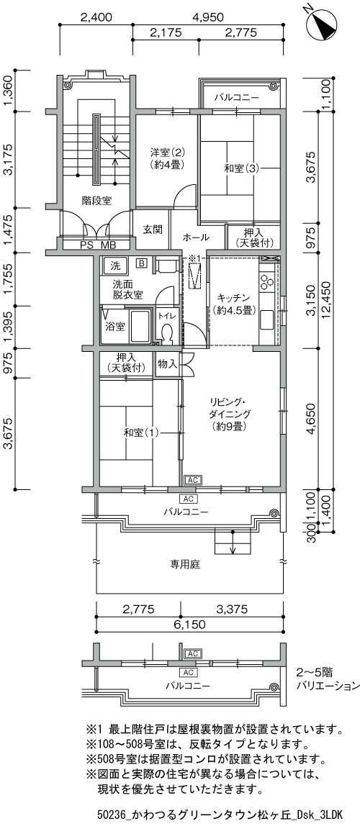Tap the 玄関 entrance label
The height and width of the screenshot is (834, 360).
tap(150, 230)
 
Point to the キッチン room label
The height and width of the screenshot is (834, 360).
tap(230, 297)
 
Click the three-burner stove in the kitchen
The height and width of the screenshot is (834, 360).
tap(267, 279)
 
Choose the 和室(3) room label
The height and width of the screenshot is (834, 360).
tap(241, 168)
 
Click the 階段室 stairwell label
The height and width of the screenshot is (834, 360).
tap(96, 201)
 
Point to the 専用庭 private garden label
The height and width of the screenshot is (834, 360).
tap(185, 565)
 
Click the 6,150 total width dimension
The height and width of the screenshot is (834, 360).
tap(189, 625)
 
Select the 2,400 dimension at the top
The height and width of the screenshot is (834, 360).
tap(96, 17)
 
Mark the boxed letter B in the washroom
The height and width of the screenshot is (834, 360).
tap(142, 263)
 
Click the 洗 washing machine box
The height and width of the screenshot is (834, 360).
tap(115, 264)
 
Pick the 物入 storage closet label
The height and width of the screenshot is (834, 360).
tap(167, 364)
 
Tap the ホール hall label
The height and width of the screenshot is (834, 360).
tap(196, 237)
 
